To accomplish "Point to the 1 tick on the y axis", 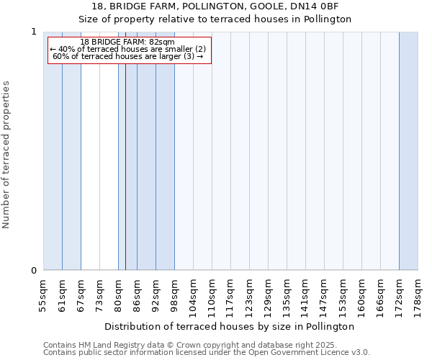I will pyautogui.click(x=33, y=32).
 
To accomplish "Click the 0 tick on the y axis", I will pyautogui.click(x=33, y=271).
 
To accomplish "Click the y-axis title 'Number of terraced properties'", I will pyautogui.click(x=6, y=155).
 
